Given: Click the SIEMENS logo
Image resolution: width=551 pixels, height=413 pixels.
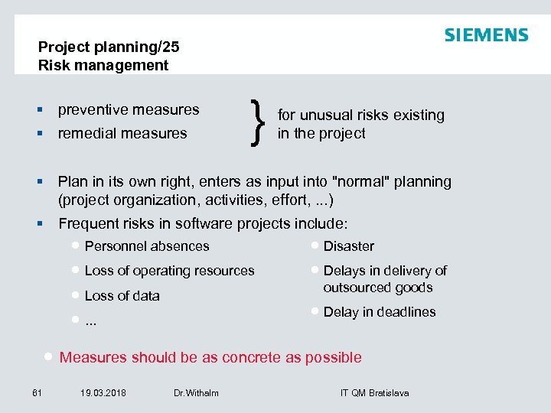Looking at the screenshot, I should pyautogui.click(x=486, y=35).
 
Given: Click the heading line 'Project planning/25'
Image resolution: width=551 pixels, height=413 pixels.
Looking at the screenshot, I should pyautogui.click(x=109, y=47).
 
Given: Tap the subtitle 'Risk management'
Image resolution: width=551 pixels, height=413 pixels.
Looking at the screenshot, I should pyautogui.click(x=103, y=65).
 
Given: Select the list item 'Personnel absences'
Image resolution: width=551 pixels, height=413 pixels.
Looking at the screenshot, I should pyautogui.click(x=147, y=246).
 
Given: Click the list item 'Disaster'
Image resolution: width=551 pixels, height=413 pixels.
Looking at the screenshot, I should pyautogui.click(x=348, y=246).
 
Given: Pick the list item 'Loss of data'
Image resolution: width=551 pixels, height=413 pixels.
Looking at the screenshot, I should pyautogui.click(x=122, y=296).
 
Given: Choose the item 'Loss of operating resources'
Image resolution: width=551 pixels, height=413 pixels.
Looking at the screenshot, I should pyautogui.click(x=169, y=271).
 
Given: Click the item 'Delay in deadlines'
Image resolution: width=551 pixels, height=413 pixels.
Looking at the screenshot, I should pyautogui.click(x=379, y=312).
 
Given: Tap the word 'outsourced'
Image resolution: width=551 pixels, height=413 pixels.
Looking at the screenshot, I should pyautogui.click(x=357, y=288).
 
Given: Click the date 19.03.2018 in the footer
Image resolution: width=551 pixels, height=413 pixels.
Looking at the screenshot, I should pyautogui.click(x=103, y=393).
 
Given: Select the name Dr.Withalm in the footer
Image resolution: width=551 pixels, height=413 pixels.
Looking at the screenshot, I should pyautogui.click(x=196, y=393).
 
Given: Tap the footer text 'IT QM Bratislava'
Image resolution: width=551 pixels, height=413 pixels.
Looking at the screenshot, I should pyautogui.click(x=374, y=393).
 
